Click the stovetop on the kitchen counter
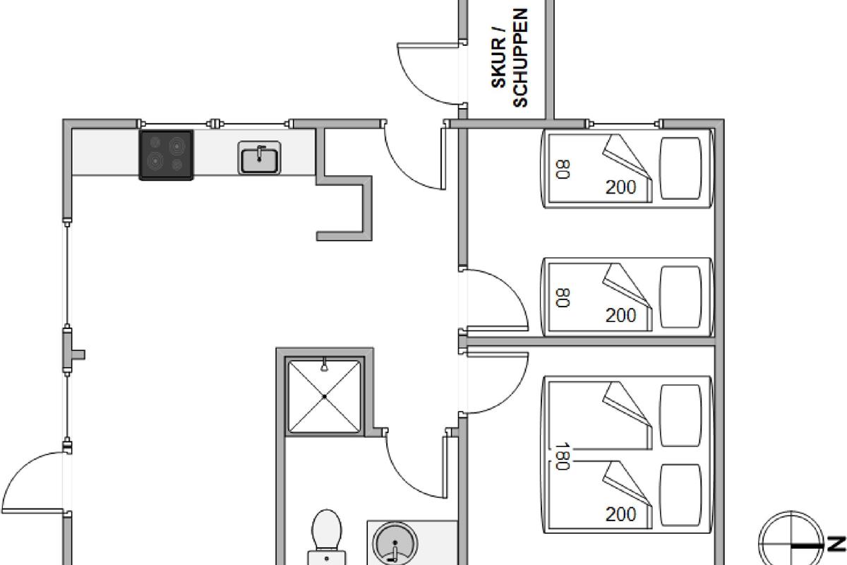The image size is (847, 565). pyautogui.click(x=167, y=155)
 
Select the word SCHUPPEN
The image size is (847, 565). pyautogui.click(x=520, y=58)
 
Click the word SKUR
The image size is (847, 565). pyautogui.click(x=498, y=63)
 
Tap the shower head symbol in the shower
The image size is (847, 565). pyautogui.click(x=324, y=364)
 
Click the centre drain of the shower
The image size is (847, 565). pyautogui.click(x=325, y=397)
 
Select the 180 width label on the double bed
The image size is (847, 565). pyautogui.click(x=563, y=456)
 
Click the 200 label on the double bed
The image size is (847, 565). pyautogui.click(x=621, y=514)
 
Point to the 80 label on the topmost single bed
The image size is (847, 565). pyautogui.click(x=563, y=169)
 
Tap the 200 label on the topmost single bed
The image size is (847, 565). pyautogui.click(x=621, y=187)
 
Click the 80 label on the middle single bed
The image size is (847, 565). pyautogui.click(x=563, y=298)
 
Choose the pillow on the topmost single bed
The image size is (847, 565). pyautogui.click(x=680, y=168)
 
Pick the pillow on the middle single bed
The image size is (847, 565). pyautogui.click(x=680, y=297)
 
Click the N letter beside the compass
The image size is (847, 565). pyautogui.click(x=836, y=544)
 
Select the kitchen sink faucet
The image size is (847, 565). pyautogui.click(x=260, y=153)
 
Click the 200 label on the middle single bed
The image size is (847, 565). pyautogui.click(x=621, y=315)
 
